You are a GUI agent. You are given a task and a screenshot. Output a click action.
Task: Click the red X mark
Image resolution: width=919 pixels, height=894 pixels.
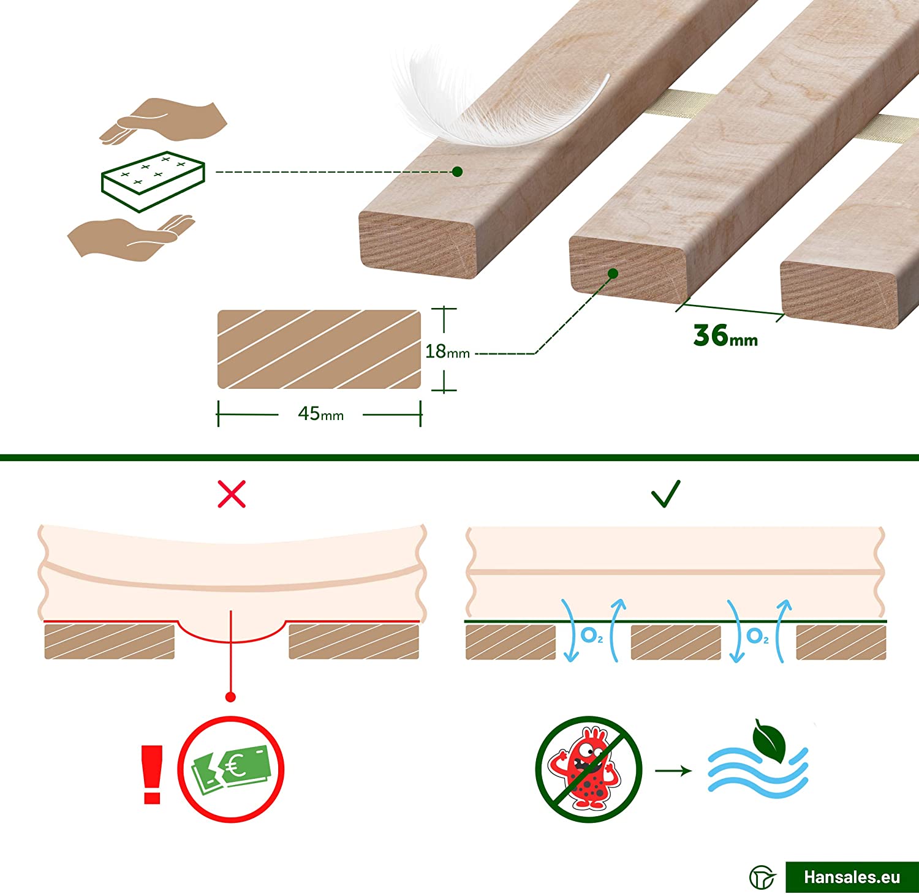[x=232, y=494]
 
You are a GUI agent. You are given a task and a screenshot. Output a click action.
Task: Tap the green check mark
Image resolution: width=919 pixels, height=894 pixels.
[x=666, y=494]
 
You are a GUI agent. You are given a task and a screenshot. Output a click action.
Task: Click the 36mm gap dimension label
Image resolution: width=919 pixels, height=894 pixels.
[x=725, y=336]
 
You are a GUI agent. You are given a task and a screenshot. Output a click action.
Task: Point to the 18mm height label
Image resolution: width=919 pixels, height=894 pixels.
[x=447, y=351]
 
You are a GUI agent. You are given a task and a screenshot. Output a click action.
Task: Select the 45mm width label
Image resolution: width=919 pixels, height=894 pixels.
[x=320, y=414]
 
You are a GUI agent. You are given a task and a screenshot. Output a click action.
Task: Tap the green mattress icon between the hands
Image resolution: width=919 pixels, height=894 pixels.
[x=153, y=181]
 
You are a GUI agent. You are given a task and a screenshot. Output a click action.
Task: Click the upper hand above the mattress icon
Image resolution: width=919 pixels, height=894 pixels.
[x=164, y=120]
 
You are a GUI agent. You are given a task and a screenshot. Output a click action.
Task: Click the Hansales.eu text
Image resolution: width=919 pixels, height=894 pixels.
[x=852, y=877]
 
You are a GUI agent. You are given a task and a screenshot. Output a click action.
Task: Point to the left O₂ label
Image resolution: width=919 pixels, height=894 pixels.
[x=592, y=636]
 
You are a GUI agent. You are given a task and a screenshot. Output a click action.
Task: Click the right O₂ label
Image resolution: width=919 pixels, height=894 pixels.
[x=757, y=636]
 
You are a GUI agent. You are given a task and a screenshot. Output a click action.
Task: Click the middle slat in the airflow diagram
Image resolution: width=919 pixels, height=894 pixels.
[x=675, y=642]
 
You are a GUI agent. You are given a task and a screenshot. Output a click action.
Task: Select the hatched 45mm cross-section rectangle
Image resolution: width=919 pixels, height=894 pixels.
[x=319, y=349]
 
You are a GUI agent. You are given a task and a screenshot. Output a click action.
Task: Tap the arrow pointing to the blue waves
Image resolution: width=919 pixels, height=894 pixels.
[x=673, y=770]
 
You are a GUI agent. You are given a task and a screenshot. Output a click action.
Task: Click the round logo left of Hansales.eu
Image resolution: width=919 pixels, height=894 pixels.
[x=762, y=877]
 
